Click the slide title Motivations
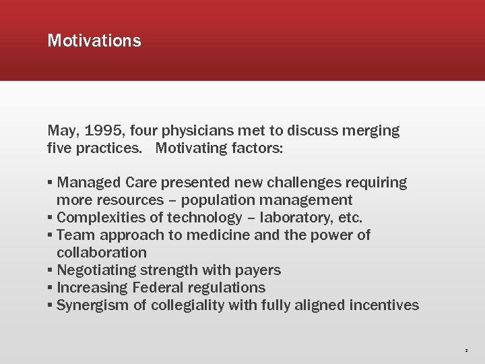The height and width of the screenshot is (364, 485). tap(94, 40)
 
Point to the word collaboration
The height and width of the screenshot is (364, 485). tap(102, 253)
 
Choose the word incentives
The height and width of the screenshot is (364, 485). tap(384, 305)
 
